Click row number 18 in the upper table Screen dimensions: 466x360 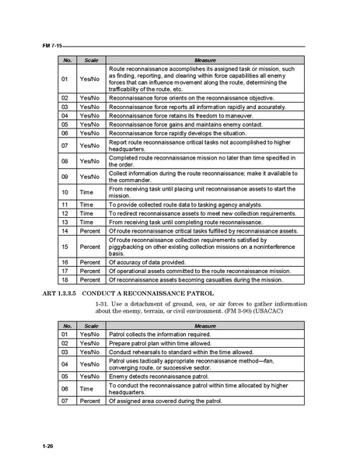68,279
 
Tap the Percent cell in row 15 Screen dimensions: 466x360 91,247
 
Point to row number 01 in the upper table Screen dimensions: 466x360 68,79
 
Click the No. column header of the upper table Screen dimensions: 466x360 68,59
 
